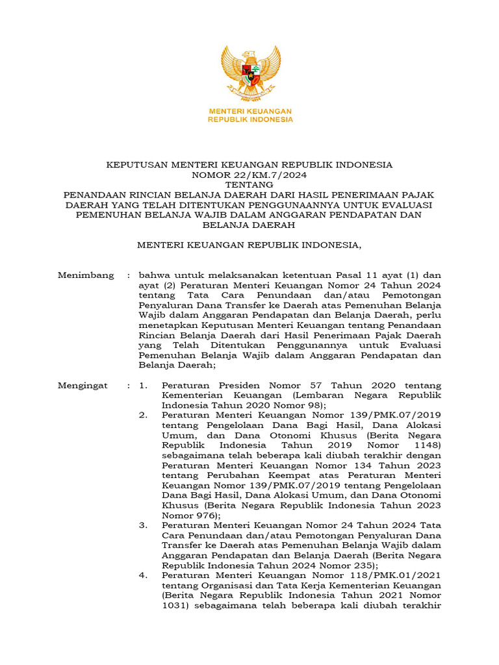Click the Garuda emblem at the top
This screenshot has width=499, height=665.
pyautogui.click(x=250, y=73)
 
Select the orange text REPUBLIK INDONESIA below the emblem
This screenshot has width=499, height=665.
pyautogui.click(x=250, y=120)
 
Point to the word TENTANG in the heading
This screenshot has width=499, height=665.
pyautogui.click(x=249, y=185)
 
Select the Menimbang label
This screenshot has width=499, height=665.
pyautogui.click(x=86, y=275)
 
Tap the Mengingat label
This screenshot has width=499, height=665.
pyautogui.click(x=83, y=386)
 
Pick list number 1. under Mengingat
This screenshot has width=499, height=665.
pyautogui.click(x=144, y=386)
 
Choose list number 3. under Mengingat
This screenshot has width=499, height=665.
pyautogui.click(x=144, y=525)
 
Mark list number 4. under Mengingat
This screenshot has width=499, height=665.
pyautogui.click(x=144, y=575)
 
